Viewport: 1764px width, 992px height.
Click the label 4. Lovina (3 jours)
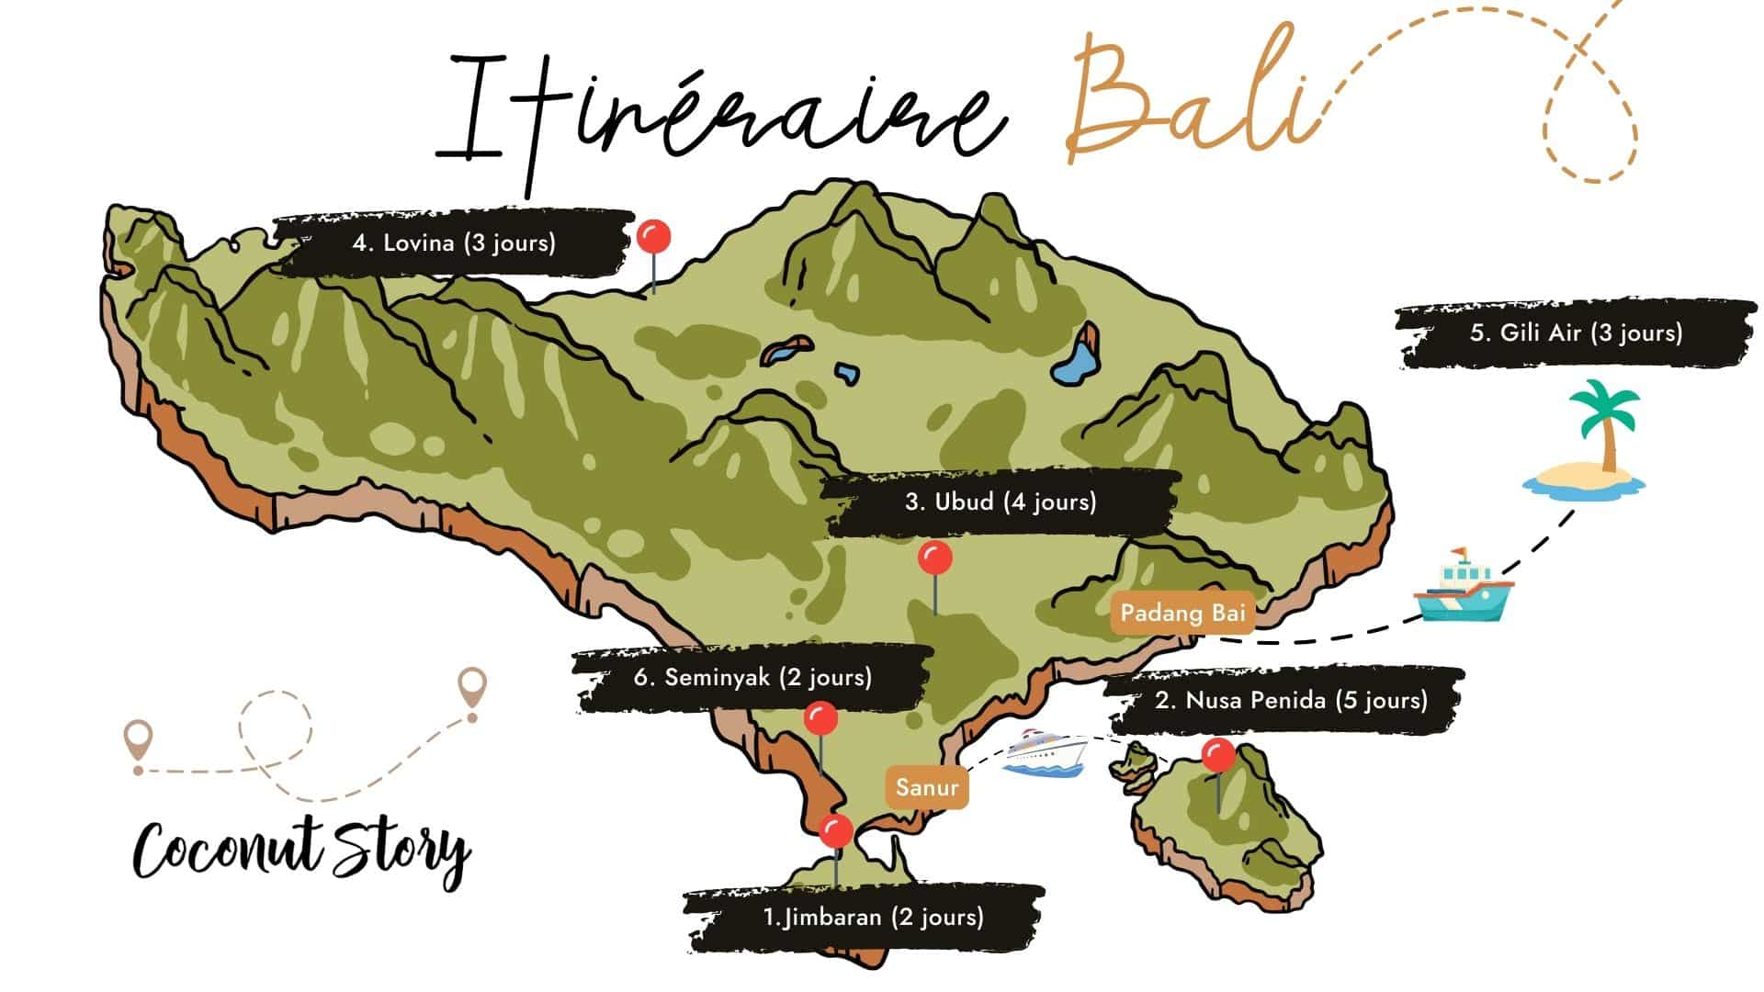[x=454, y=243]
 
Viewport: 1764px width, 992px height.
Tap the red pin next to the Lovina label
[x=653, y=238]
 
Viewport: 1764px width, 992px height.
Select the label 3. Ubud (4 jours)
[x=1001, y=502]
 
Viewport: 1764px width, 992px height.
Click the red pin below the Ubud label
[x=935, y=558]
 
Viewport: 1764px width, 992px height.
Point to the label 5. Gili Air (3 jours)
[x=1576, y=333]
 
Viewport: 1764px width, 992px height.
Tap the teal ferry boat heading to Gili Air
[x=1462, y=588]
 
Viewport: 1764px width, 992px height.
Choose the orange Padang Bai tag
[x=1182, y=613]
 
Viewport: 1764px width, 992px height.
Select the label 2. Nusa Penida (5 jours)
[x=1291, y=701]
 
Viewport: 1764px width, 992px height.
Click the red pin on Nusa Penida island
[x=1219, y=756]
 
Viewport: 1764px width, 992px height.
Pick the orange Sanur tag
[x=927, y=787]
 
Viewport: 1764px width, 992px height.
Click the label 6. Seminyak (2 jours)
[x=752, y=678]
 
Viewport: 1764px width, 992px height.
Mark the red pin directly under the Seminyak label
[x=820, y=719]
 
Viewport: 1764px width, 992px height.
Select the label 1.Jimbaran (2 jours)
[x=873, y=917]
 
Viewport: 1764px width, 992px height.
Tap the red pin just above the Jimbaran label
[x=835, y=831]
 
